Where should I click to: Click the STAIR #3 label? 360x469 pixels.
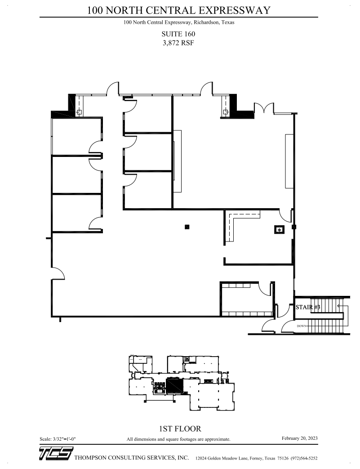308,308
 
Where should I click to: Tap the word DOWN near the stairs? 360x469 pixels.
302,326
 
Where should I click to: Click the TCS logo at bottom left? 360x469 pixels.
55,455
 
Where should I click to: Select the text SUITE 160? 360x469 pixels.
178,34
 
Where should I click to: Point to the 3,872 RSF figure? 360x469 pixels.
178,43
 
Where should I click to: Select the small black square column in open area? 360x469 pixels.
187,227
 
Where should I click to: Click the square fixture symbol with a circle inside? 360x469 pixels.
280,230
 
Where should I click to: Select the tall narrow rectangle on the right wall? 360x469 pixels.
289,161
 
